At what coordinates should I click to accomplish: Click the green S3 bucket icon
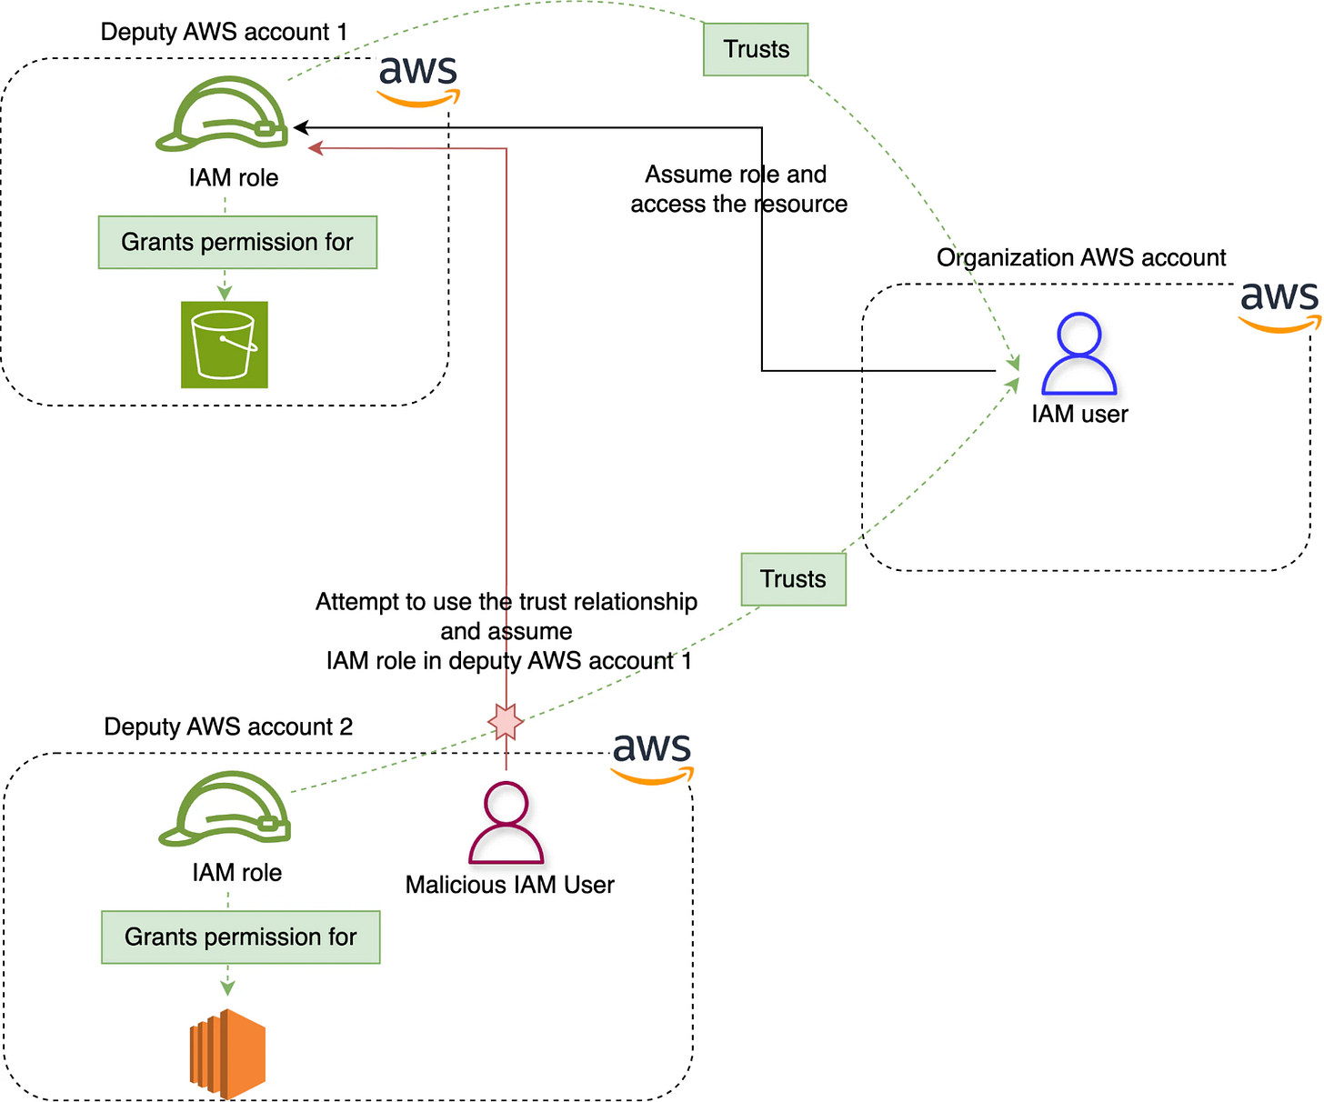[x=224, y=345]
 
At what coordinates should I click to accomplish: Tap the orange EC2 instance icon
[x=227, y=1053]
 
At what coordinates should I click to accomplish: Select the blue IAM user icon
[x=1078, y=353]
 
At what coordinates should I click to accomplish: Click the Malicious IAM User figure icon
[x=506, y=822]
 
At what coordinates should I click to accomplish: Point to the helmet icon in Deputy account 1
[x=221, y=114]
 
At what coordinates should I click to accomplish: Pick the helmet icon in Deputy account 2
[x=225, y=807]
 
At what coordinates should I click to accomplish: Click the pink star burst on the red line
[x=505, y=721]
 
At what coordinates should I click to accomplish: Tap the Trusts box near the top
[x=755, y=49]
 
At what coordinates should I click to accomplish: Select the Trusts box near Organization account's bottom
[x=793, y=579]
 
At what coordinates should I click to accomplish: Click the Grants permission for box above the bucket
[x=237, y=242]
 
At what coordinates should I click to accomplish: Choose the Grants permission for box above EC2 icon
[x=240, y=937]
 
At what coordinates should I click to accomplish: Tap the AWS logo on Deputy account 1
[x=418, y=80]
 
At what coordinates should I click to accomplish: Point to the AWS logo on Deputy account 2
[x=651, y=757]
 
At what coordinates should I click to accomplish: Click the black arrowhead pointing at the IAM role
[x=301, y=127]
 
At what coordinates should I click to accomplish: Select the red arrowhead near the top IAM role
[x=316, y=147]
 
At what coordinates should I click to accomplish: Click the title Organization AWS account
[x=1080, y=257]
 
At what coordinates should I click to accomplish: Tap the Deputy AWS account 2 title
[x=227, y=726]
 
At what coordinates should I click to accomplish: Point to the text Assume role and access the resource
[x=738, y=188]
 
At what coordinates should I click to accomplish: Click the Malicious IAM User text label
[x=509, y=884]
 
